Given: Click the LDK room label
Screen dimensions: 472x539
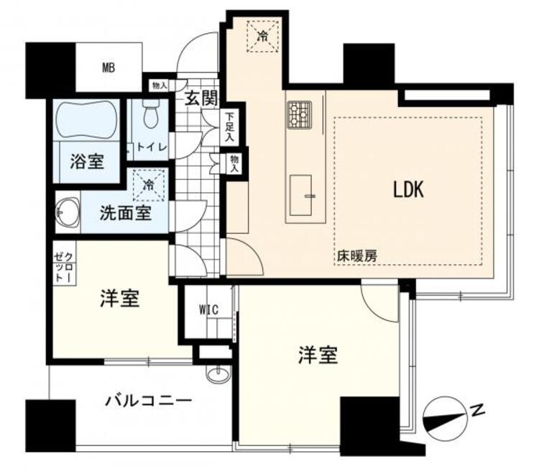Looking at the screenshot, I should [409, 189].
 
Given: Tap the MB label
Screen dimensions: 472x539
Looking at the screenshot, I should [108, 68].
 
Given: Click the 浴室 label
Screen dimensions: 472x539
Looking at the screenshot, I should [87, 161].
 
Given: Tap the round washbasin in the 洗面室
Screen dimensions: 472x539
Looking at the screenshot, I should [68, 212].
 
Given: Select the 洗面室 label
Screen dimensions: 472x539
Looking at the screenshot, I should [125, 213].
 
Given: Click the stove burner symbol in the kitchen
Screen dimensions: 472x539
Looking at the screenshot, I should [300, 114].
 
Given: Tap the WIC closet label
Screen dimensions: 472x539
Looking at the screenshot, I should [208, 310].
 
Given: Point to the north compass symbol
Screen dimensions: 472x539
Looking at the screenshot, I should [446, 415].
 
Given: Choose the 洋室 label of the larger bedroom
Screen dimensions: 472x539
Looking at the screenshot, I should [318, 355].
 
